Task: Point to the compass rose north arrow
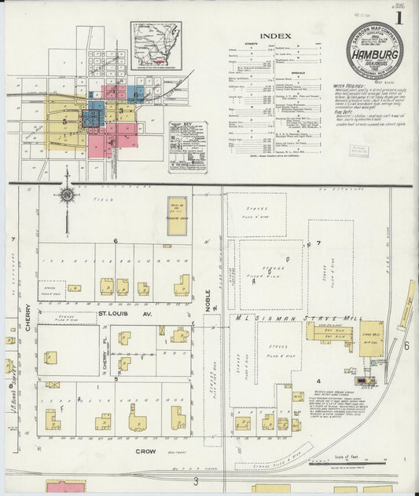68,194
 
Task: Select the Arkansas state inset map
156,45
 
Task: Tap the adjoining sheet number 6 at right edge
406,345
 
